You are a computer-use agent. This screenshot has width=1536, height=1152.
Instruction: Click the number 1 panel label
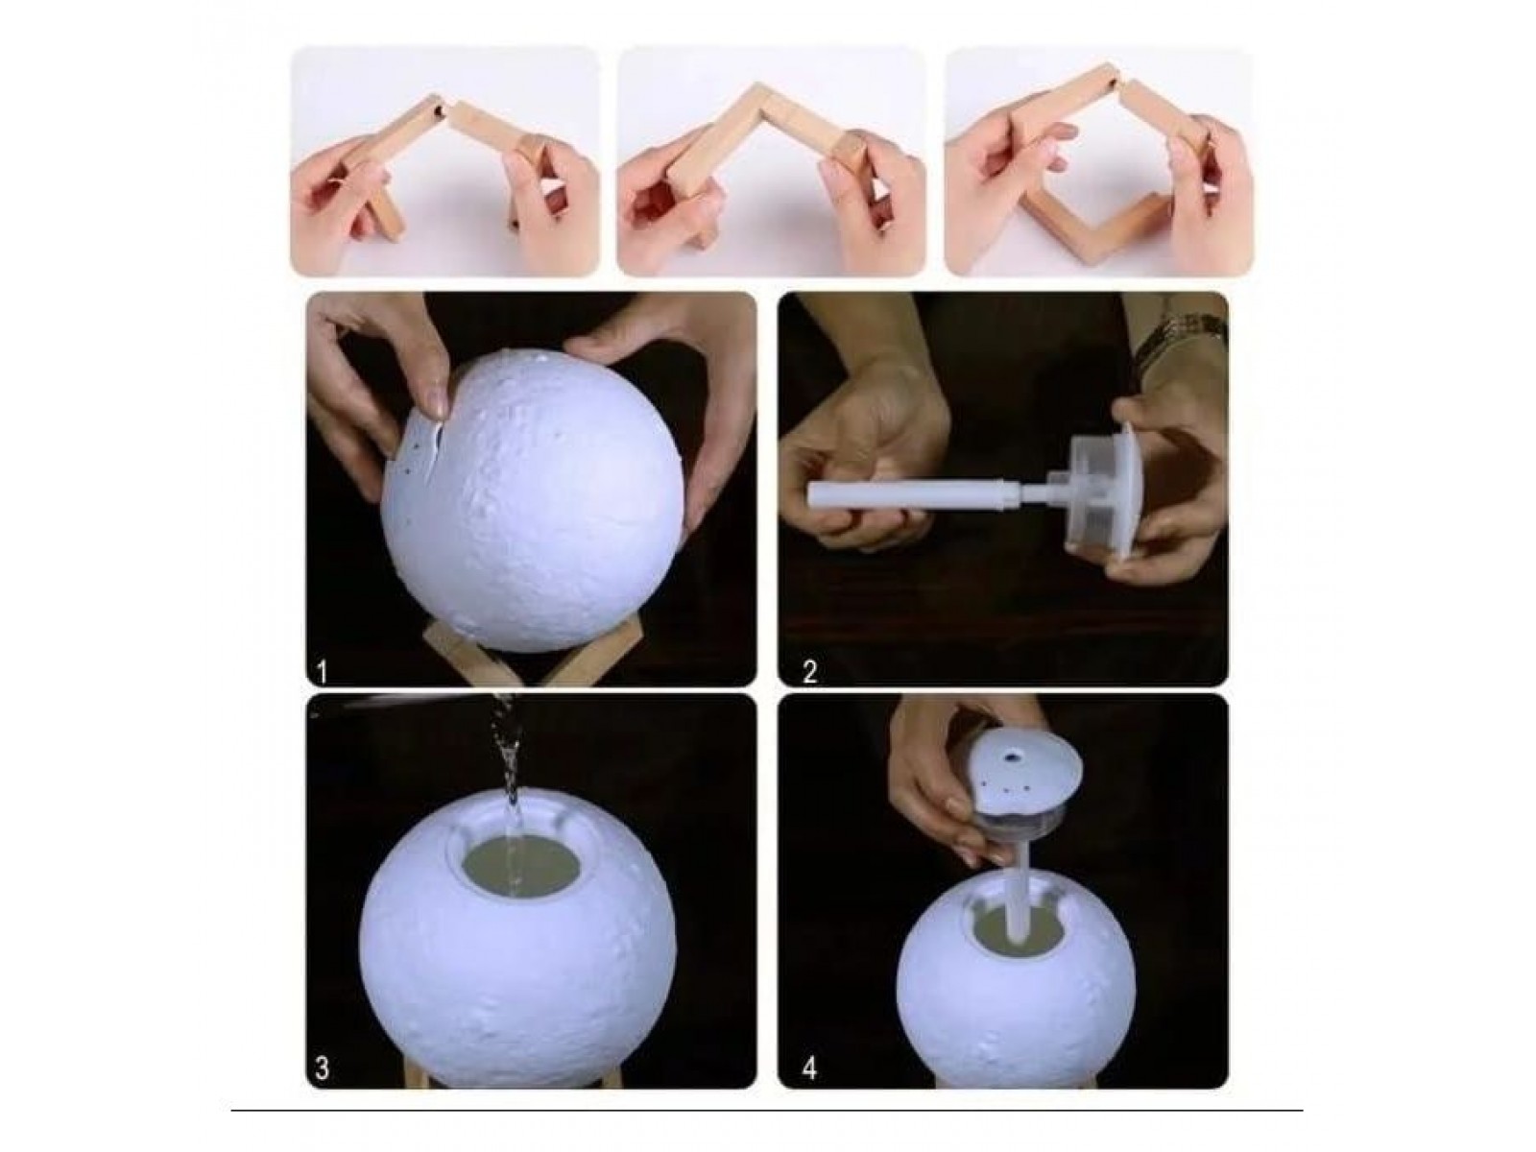coord(322,673)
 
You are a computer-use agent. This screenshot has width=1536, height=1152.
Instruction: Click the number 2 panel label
coord(810,672)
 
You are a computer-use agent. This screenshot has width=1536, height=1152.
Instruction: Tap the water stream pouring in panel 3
coord(508,783)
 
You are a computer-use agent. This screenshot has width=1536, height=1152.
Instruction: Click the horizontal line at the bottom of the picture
coord(767,1110)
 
